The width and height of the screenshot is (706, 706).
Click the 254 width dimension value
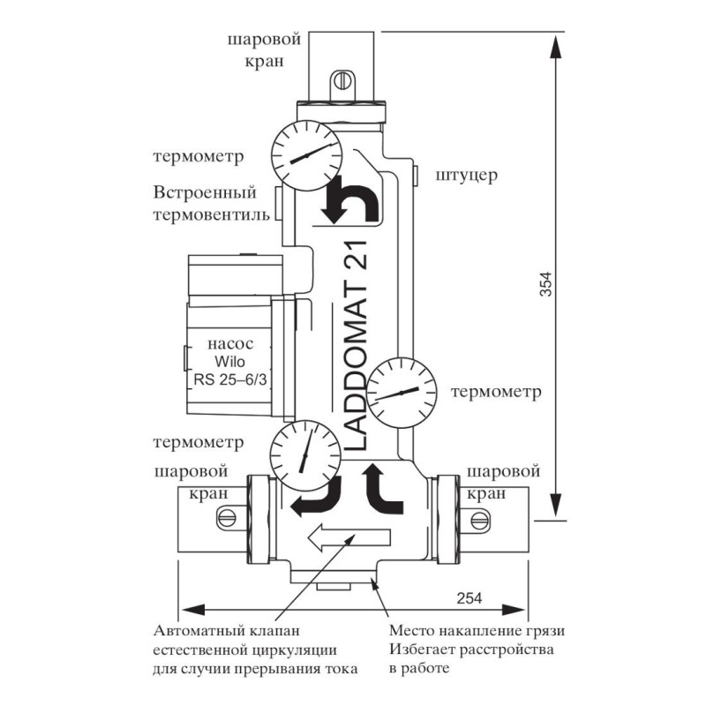click(x=469, y=597)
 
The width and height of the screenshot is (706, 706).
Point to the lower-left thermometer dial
click(x=305, y=453)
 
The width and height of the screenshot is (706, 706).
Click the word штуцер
click(x=467, y=175)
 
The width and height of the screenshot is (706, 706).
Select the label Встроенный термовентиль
click(x=205, y=204)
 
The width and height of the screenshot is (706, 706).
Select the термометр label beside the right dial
click(x=495, y=391)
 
